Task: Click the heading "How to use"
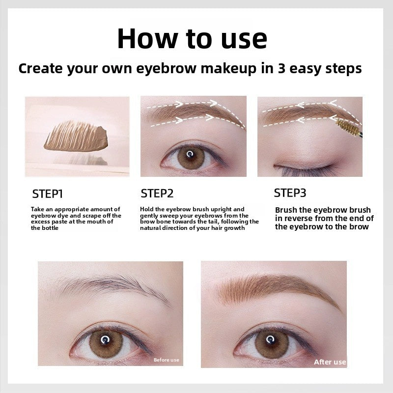pyautogui.click(x=192, y=39)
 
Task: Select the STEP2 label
pyautogui.click(x=157, y=193)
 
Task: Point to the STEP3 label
pyautogui.click(x=290, y=192)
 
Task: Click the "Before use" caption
pyautogui.click(x=166, y=360)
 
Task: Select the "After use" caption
pyautogui.click(x=330, y=362)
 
